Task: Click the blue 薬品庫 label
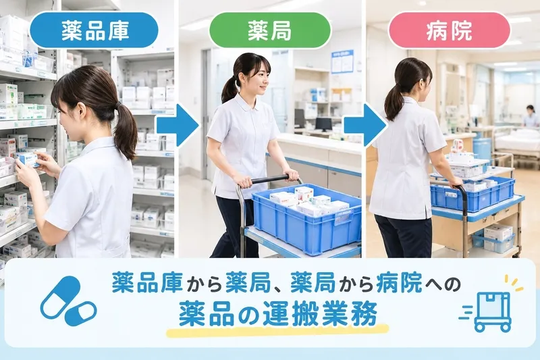coord(94,30)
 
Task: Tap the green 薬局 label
coord(270,30)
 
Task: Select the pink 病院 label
coord(449,30)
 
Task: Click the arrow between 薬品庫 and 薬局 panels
coord(178,126)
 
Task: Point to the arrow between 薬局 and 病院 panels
coord(364,126)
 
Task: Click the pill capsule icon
coord(68,301)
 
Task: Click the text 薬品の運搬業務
coord(278,313)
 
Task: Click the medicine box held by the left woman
coord(27,159)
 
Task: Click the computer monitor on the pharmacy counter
coord(323,124)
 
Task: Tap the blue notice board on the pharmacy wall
coord(342,61)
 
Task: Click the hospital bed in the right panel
coord(516,142)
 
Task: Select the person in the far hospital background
coord(531,116)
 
